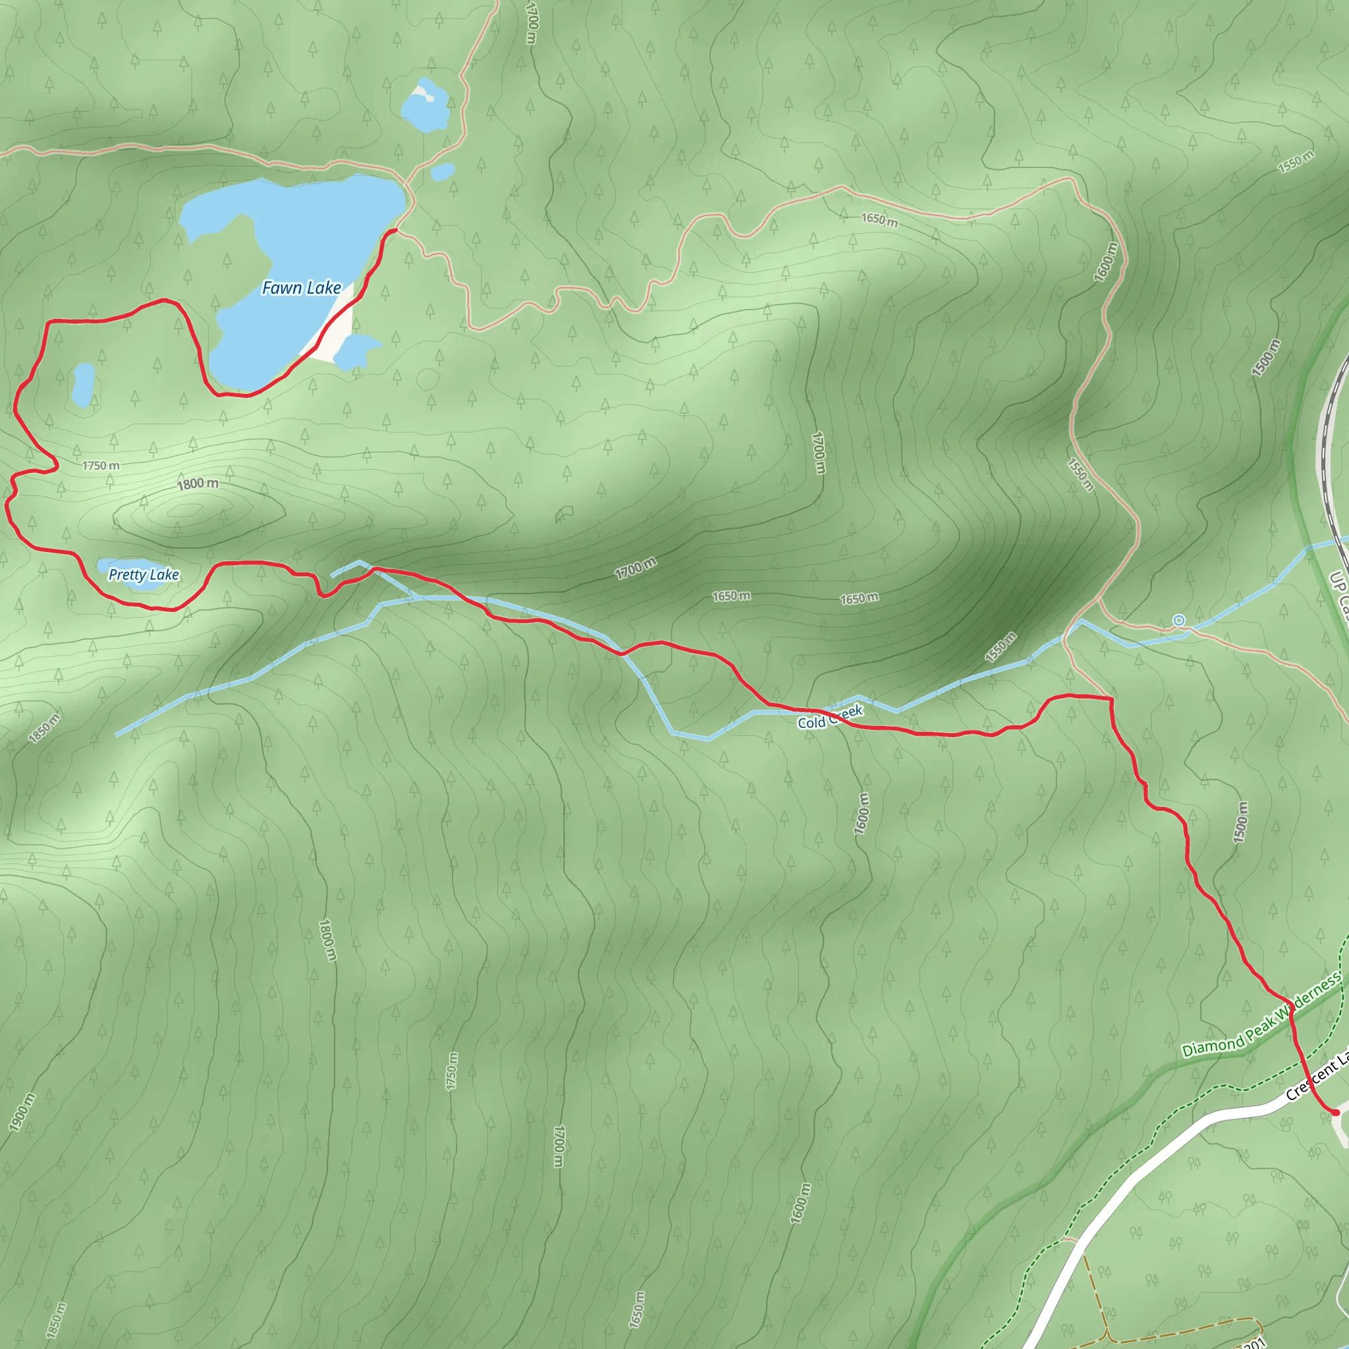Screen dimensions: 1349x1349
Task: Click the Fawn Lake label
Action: pos(302,288)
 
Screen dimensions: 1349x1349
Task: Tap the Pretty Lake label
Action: pos(144,574)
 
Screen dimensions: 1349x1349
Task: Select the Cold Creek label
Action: pos(830,717)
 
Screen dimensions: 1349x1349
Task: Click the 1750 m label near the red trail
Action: pos(101,466)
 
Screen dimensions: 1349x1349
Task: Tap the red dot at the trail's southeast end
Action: pos(1335,1113)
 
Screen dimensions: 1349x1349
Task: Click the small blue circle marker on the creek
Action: pos(1178,620)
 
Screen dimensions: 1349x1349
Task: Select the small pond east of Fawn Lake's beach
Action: pos(356,350)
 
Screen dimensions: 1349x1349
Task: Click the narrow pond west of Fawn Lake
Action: pos(83,384)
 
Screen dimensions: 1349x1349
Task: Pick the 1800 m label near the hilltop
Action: pos(198,484)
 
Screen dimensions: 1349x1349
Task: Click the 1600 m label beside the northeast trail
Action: pos(1106,262)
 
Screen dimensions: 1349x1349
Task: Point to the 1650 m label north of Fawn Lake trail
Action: pos(879,220)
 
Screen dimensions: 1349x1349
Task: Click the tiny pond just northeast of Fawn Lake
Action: pos(443,171)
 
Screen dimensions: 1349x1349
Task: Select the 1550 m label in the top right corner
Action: pos(1296,161)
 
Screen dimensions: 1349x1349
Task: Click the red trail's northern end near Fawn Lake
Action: pos(396,230)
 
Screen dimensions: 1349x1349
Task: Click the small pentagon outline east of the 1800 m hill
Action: pos(564,514)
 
